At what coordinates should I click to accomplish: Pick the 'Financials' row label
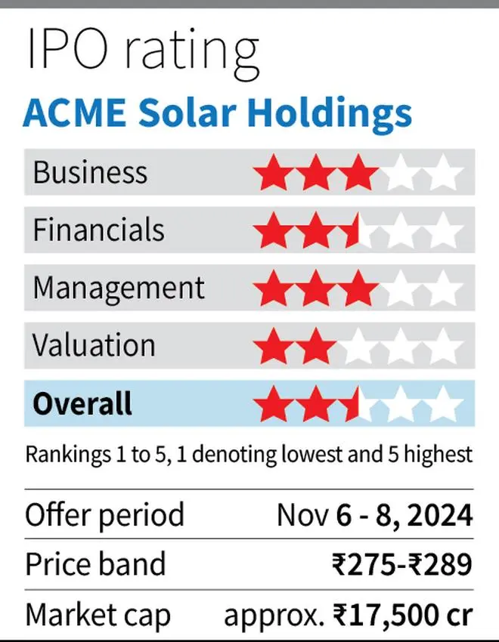pyautogui.click(x=98, y=230)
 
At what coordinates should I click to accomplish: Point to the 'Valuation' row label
pyautogui.click(x=94, y=345)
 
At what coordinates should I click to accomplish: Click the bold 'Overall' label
pyautogui.click(x=82, y=403)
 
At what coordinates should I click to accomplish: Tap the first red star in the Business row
pyautogui.click(x=273, y=174)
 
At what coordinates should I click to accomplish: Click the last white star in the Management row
pyautogui.click(x=442, y=290)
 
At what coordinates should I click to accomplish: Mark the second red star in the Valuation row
pyautogui.click(x=315, y=347)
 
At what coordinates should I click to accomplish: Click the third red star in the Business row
pyautogui.click(x=358, y=174)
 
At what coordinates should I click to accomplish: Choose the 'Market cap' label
pyautogui.click(x=98, y=616)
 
